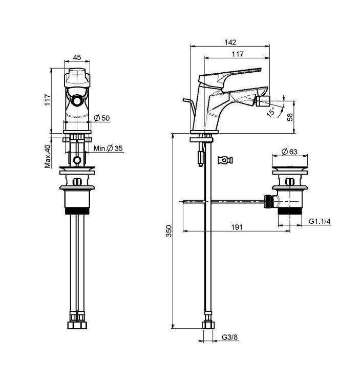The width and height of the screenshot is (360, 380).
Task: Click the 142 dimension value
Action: (x=230, y=42)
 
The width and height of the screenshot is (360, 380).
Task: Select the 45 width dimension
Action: (x=77, y=57)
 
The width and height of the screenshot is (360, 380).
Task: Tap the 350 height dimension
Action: (x=168, y=230)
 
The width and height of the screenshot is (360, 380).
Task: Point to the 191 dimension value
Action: (x=237, y=227)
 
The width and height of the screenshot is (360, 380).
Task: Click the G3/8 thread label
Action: (x=229, y=337)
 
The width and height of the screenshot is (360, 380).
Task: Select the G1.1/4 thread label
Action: (x=320, y=221)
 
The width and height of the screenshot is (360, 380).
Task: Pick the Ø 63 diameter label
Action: (x=289, y=152)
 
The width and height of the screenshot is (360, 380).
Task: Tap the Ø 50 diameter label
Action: (x=102, y=118)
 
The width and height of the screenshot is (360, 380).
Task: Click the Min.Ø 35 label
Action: (x=108, y=148)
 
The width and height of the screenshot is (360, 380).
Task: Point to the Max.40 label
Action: (x=48, y=156)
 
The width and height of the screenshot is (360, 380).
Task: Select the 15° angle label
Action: (x=271, y=112)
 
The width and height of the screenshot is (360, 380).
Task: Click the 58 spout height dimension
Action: (x=290, y=117)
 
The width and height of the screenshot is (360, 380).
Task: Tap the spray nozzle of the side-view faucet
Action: (x=263, y=100)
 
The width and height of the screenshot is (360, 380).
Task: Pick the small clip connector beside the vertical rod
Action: (x=225, y=160)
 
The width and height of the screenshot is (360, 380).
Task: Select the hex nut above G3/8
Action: (x=208, y=325)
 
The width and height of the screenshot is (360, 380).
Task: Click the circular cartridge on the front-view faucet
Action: (x=77, y=100)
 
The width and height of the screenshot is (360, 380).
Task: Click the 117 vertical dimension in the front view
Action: (x=48, y=99)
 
